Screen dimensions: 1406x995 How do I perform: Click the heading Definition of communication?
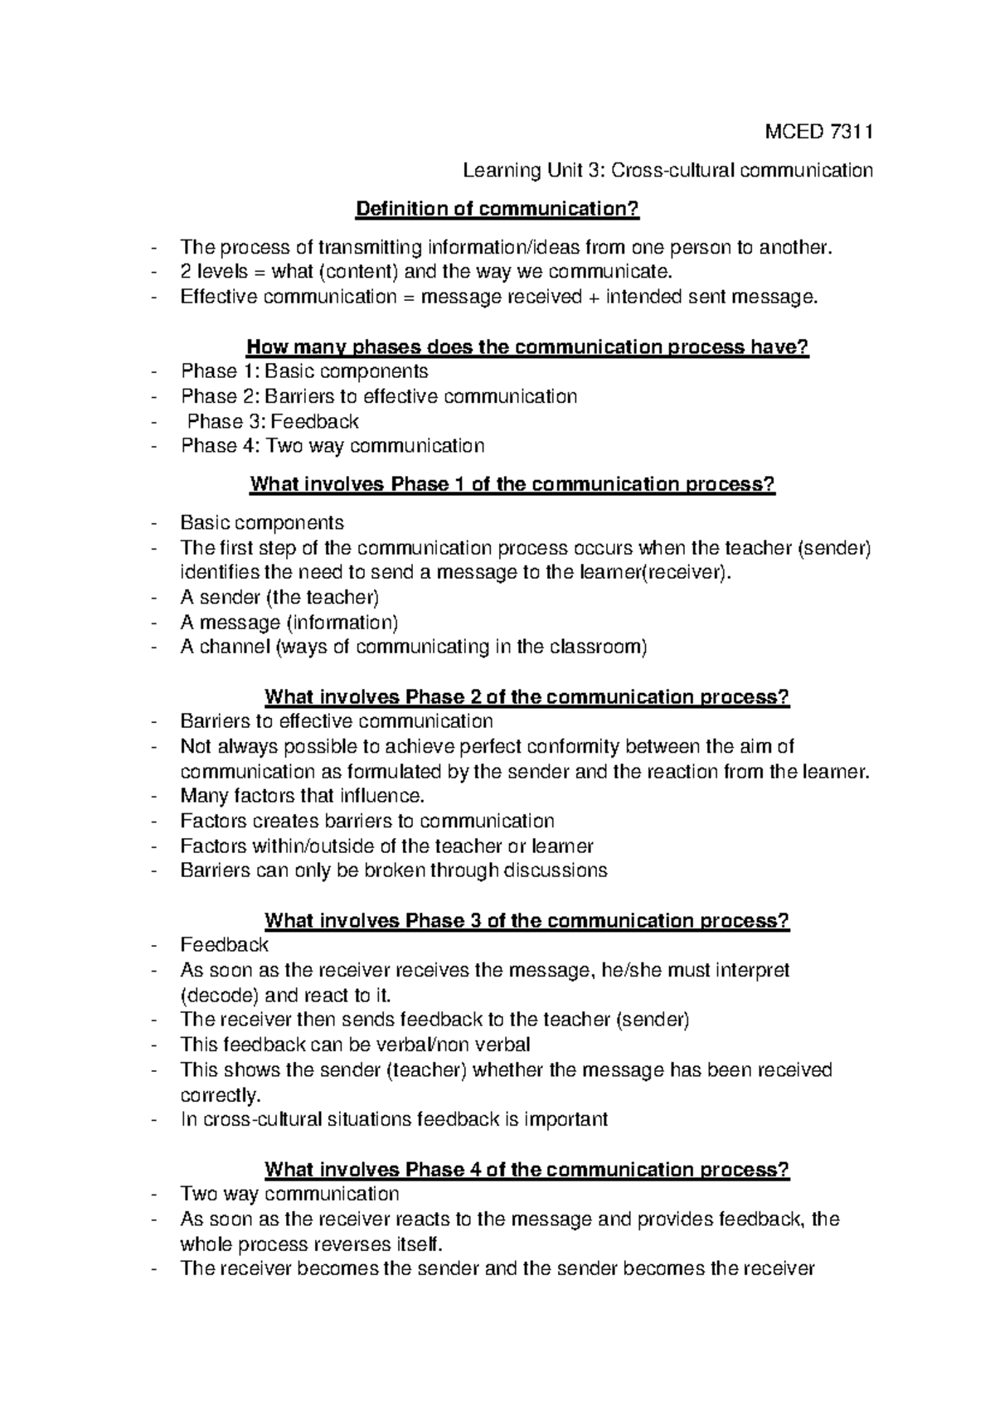click(498, 209)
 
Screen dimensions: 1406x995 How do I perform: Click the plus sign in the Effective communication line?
click(593, 297)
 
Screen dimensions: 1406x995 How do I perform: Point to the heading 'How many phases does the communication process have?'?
click(527, 347)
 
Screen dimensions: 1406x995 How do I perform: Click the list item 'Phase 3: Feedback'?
click(273, 421)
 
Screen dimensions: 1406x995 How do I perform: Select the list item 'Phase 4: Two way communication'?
click(332, 446)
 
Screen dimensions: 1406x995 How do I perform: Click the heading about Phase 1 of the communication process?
click(512, 484)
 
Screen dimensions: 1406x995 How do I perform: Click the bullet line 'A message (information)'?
click(289, 623)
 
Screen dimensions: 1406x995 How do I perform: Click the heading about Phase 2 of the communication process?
click(527, 697)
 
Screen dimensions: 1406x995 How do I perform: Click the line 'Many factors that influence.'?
click(302, 797)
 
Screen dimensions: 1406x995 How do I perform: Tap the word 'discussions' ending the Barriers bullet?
click(556, 871)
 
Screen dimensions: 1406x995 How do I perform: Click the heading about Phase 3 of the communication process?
click(527, 921)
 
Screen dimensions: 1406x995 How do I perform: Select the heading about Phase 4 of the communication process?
click(527, 1170)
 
